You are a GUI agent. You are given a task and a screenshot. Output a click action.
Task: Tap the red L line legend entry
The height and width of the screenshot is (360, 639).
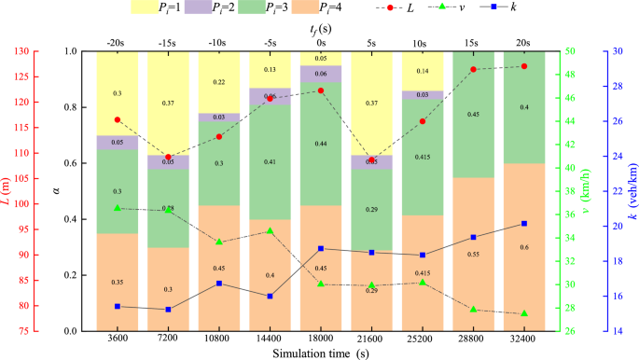431,8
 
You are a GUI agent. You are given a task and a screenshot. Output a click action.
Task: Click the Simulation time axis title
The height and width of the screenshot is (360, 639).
320,354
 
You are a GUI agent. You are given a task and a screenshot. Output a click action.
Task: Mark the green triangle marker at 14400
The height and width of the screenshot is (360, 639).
270,231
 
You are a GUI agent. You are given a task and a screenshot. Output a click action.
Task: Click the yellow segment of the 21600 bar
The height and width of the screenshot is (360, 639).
371,103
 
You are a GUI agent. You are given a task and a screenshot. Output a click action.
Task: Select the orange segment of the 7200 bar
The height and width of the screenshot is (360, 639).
168,289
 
